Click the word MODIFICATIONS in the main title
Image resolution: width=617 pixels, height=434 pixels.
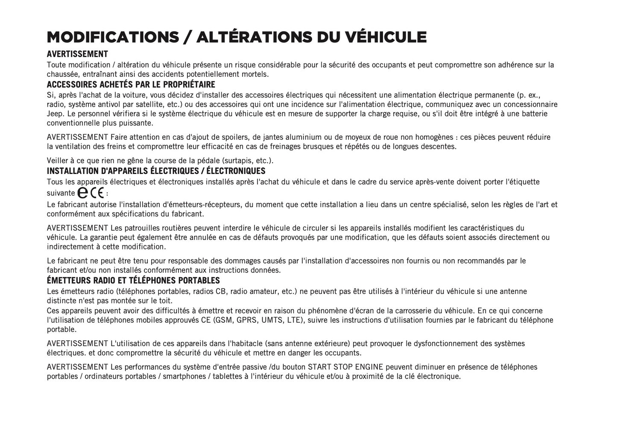click(113, 37)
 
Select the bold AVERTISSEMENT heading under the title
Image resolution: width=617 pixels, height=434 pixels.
click(77, 54)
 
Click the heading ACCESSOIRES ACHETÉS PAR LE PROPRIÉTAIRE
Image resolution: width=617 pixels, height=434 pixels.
click(131, 84)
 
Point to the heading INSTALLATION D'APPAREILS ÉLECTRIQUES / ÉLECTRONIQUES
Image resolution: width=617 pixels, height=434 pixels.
click(156, 171)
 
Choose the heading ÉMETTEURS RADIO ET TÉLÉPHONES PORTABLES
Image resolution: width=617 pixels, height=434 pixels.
click(133, 281)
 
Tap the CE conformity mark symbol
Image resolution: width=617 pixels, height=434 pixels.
click(97, 194)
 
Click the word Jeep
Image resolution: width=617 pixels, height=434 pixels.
click(55, 114)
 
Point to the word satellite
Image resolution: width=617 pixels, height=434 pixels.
click(150, 104)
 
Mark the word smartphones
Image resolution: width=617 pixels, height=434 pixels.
click(183, 376)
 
